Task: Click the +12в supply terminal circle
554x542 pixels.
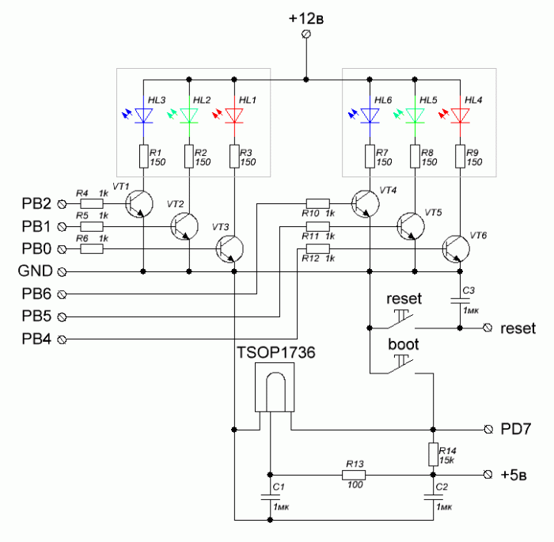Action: click(306, 34)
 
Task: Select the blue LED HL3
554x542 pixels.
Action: click(143, 116)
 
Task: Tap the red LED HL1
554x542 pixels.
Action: click(234, 116)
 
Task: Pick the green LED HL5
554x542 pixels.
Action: click(415, 116)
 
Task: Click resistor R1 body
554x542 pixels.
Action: click(143, 156)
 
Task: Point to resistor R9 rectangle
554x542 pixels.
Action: click(460, 156)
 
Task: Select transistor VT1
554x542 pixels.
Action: click(139, 204)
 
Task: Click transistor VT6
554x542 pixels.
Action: click(456, 249)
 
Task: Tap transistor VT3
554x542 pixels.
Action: click(230, 249)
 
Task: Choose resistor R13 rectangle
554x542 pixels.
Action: click(354, 475)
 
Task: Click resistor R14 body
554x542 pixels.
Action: click(434, 454)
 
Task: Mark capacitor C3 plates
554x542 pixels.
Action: click(460, 301)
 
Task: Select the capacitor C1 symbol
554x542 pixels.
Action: click(271, 498)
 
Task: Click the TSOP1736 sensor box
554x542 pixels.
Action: click(275, 387)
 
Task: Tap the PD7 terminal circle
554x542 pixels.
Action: click(488, 430)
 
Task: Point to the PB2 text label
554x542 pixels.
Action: click(36, 204)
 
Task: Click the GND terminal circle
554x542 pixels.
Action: click(62, 271)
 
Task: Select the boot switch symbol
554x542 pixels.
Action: click(401, 365)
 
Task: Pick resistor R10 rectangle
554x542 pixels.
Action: click(318, 203)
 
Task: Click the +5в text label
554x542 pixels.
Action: click(514, 475)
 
